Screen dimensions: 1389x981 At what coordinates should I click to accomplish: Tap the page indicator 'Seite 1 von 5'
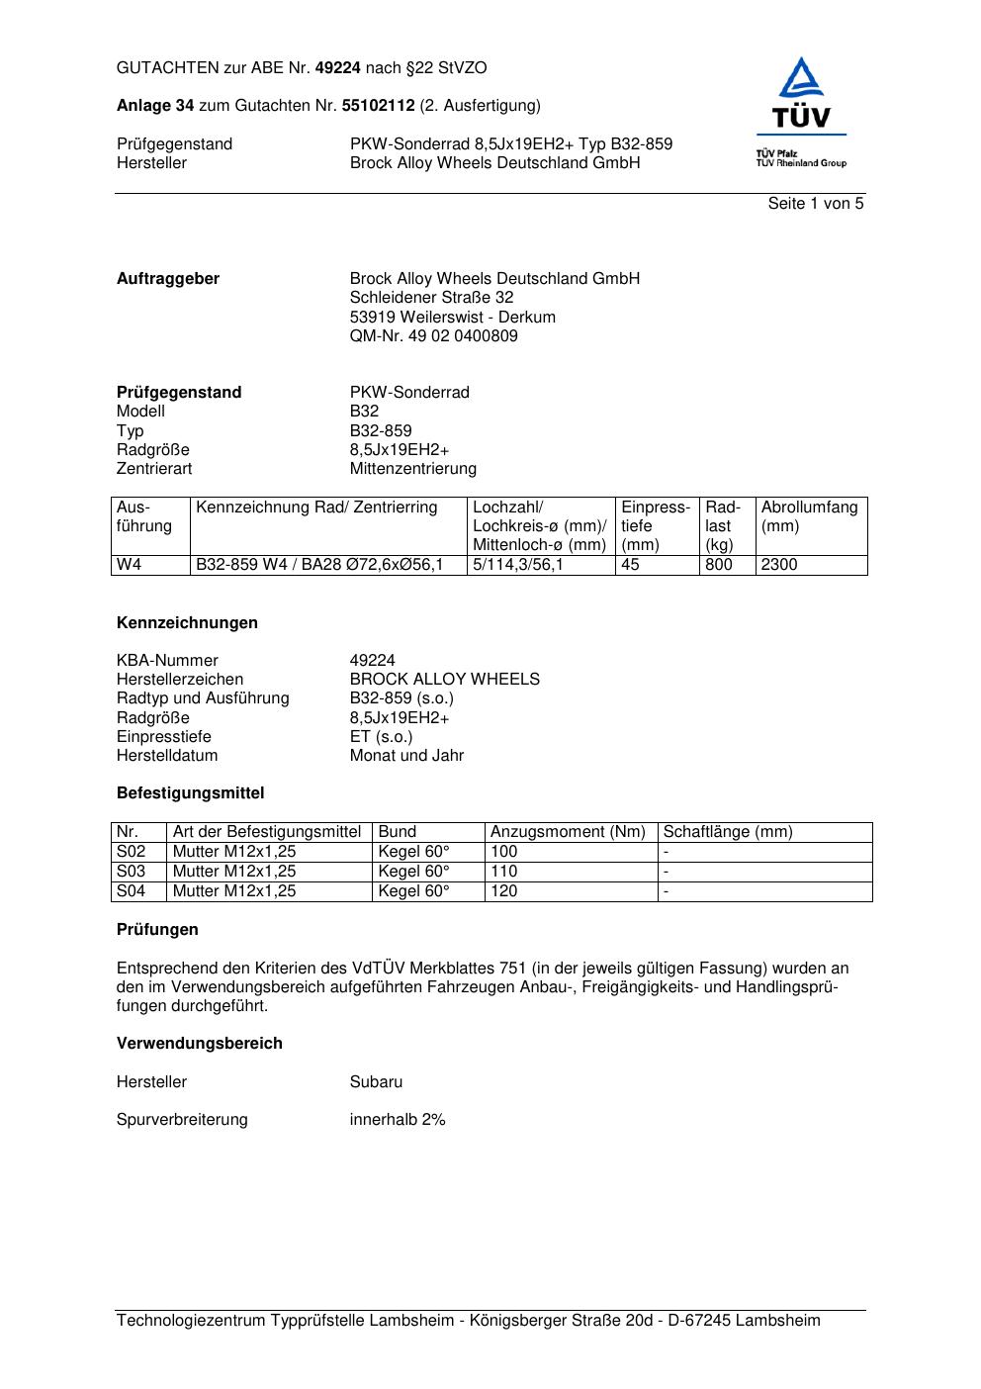click(815, 204)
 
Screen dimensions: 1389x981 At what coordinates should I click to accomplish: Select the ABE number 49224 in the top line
click(338, 68)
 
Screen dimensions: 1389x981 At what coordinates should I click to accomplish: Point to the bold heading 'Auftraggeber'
click(168, 279)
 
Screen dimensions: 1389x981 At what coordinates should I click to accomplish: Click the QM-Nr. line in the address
click(433, 336)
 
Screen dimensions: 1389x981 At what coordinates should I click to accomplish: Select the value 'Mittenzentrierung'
click(412, 469)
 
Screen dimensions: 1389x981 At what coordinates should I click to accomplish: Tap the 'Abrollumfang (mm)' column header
click(809, 516)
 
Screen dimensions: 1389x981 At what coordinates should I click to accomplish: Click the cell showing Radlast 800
click(719, 565)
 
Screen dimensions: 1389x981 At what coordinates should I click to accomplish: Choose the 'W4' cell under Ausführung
click(130, 565)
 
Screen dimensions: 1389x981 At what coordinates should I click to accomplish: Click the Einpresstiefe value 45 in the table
click(631, 565)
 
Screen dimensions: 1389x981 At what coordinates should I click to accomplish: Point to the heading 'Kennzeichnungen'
click(187, 623)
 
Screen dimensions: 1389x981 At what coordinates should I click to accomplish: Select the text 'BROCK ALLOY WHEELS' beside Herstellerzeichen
click(444, 680)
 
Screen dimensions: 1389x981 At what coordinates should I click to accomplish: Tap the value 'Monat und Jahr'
click(406, 756)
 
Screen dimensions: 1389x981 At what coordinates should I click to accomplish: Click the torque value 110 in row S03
click(504, 872)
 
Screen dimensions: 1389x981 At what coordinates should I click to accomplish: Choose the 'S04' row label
click(131, 891)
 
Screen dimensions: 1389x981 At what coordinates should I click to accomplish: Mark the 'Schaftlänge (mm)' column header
click(728, 832)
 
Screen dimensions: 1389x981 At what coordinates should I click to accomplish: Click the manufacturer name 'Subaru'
click(376, 1082)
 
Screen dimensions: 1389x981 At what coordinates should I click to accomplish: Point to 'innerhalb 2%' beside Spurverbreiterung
click(398, 1120)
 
